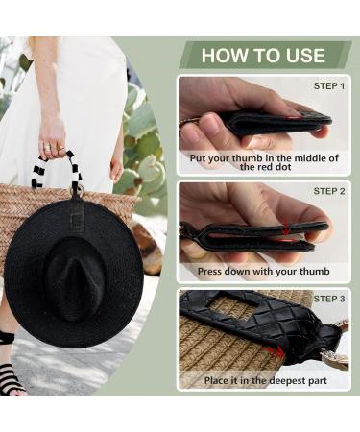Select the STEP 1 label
[x=328, y=86]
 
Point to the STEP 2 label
[x=328, y=191]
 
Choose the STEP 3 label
[x=328, y=299]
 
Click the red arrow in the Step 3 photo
[x=277, y=352]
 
